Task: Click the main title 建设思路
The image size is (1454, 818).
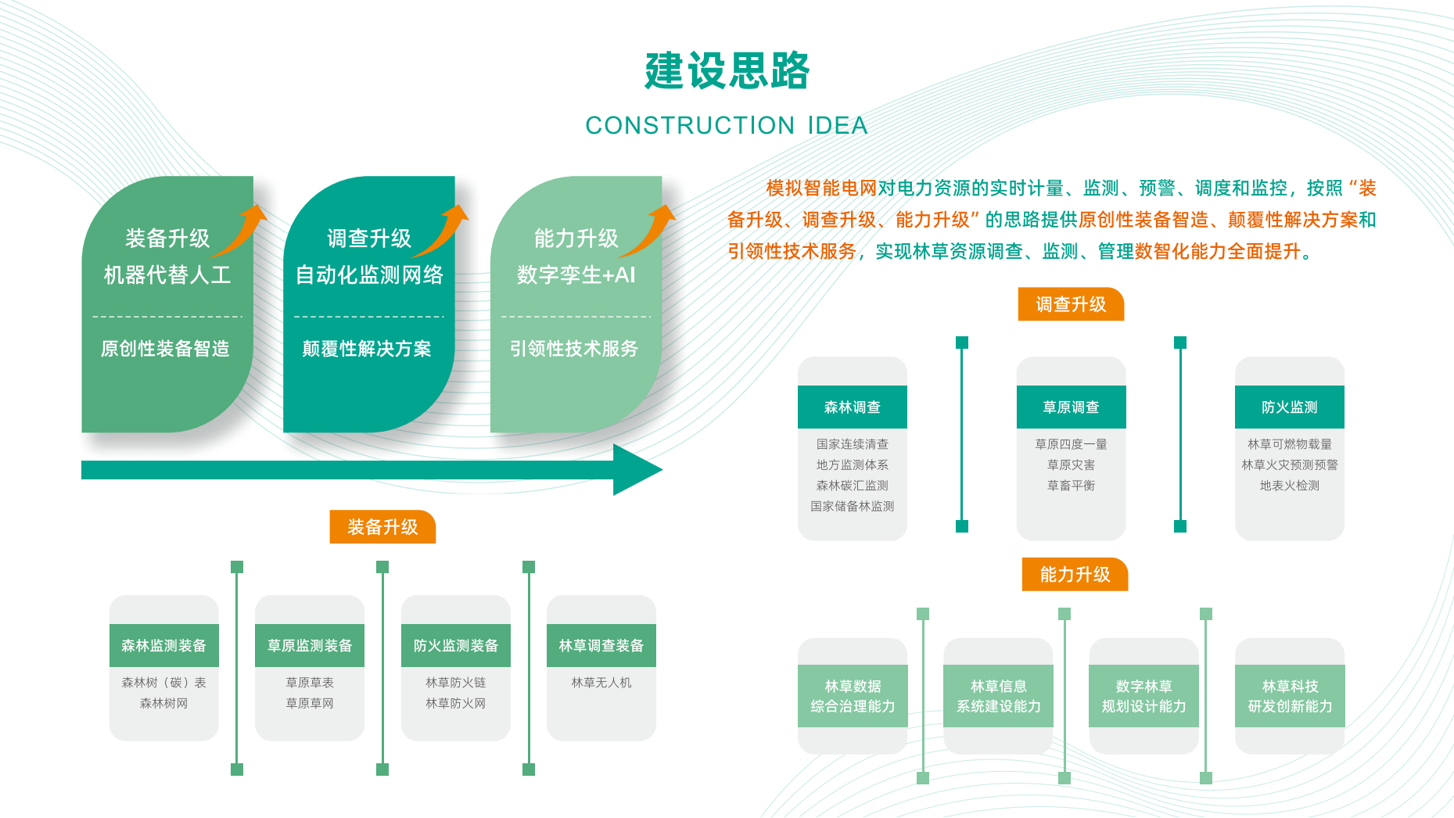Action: [727, 71]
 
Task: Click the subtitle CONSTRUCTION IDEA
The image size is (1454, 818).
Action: [727, 125]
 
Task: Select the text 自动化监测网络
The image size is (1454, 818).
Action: [369, 275]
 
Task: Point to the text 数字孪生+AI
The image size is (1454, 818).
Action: [576, 275]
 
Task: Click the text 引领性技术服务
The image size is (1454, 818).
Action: [574, 349]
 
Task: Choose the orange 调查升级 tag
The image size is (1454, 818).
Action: [1071, 304]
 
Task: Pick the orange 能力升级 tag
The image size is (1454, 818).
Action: [1075, 575]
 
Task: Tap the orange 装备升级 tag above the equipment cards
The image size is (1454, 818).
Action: [382, 527]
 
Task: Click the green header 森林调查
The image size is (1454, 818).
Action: [853, 407]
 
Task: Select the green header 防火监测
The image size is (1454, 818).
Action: [1289, 407]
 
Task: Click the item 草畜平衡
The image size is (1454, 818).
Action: [1071, 486]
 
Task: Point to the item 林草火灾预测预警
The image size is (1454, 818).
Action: [1289, 465]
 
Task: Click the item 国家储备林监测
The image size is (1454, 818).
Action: [853, 506]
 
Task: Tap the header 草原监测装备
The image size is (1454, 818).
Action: [310, 646]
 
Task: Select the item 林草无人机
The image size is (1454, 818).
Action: [601, 683]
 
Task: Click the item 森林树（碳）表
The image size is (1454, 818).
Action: [163, 683]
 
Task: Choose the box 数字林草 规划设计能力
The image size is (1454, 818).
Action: [1143, 696]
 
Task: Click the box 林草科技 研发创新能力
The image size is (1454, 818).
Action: [1290, 696]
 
